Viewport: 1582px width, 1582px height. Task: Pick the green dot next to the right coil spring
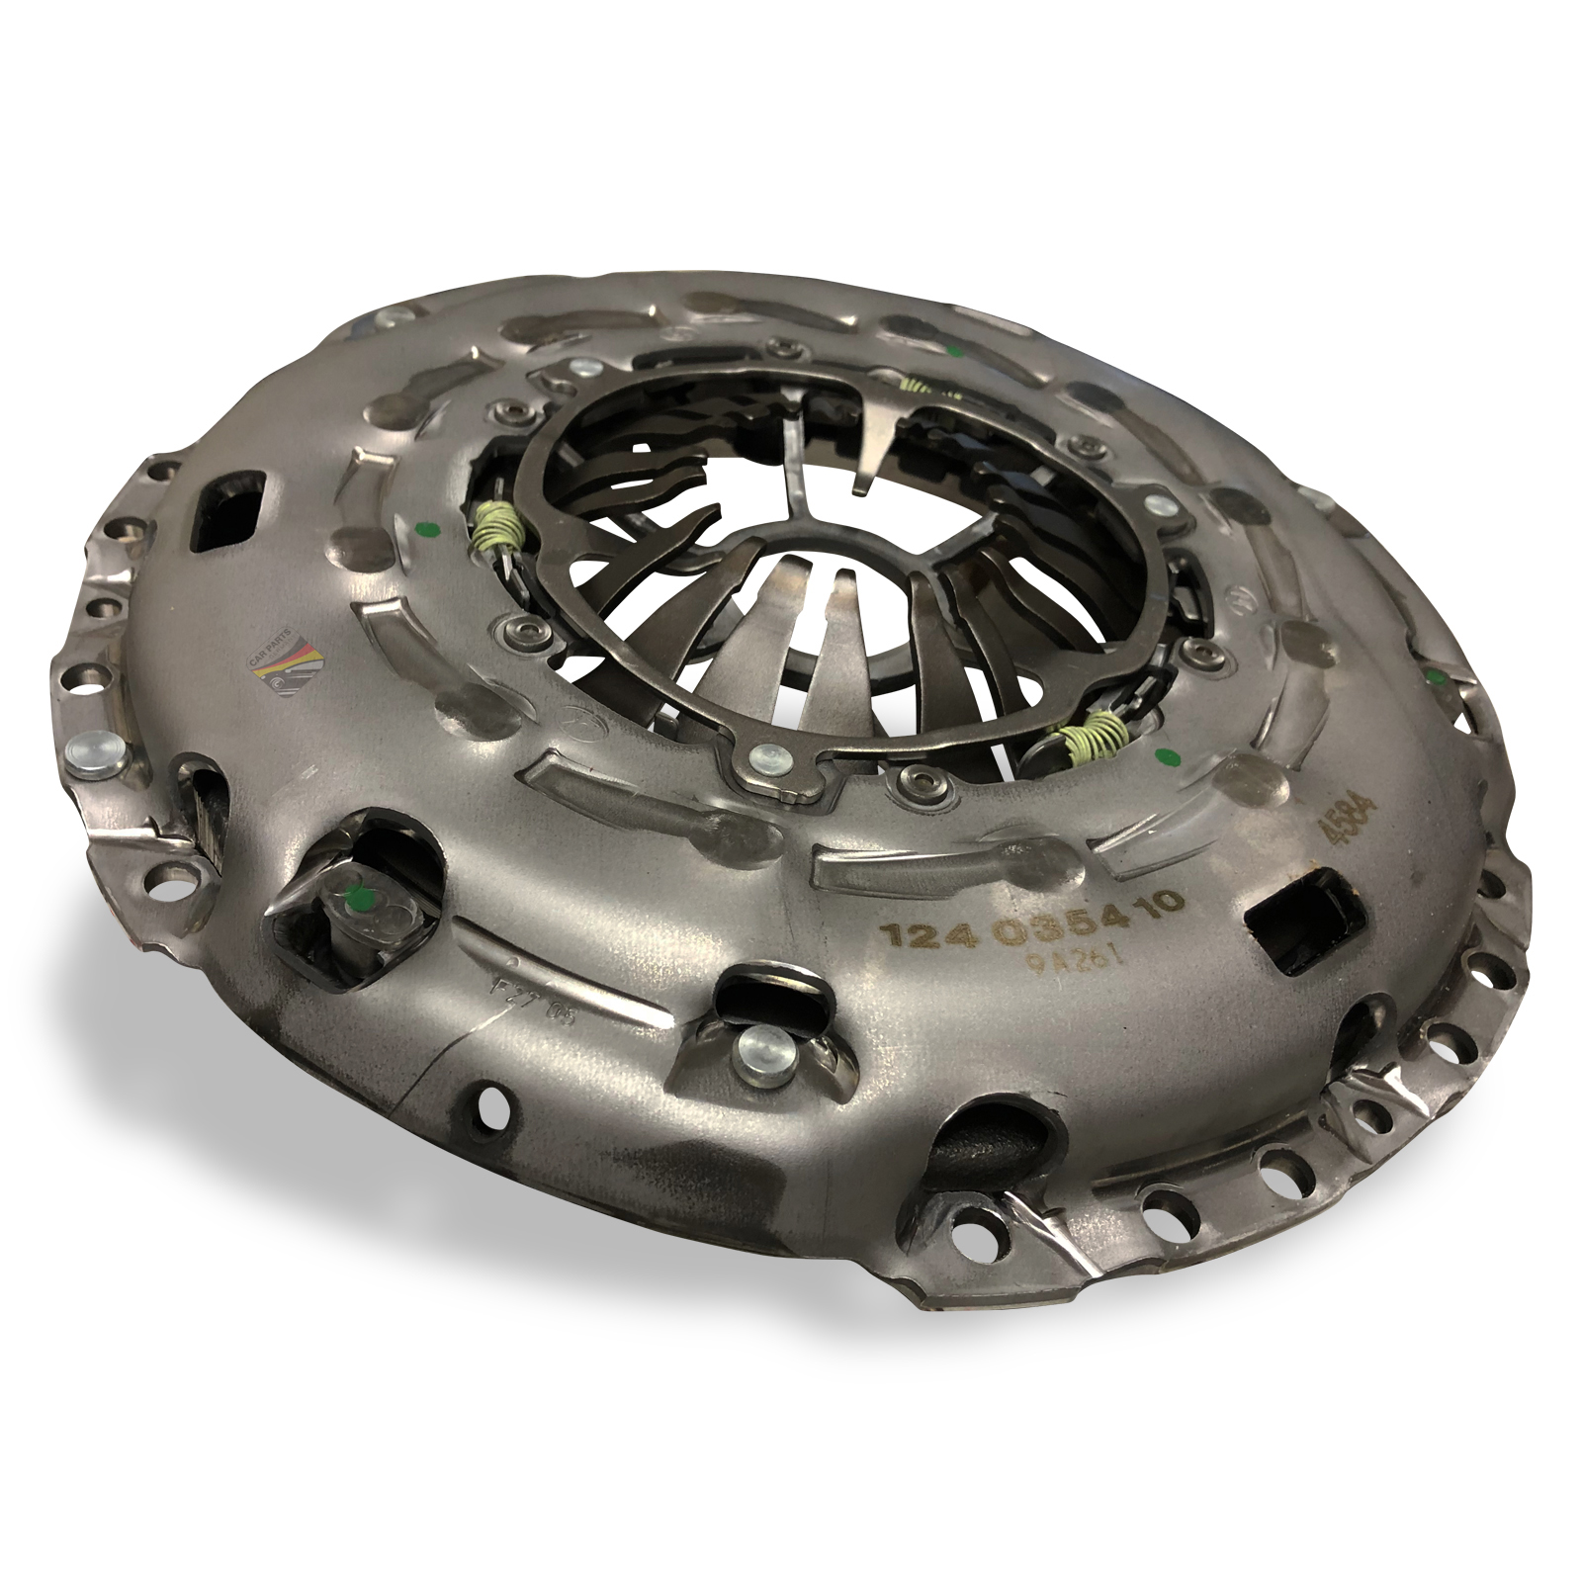click(x=1164, y=758)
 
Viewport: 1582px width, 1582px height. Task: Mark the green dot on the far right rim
click(x=1434, y=676)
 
